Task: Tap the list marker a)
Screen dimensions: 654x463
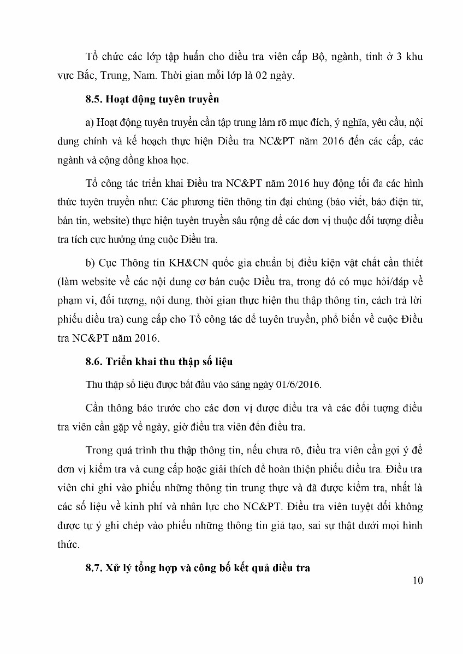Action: point(90,122)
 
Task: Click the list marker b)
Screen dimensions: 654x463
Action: point(91,263)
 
